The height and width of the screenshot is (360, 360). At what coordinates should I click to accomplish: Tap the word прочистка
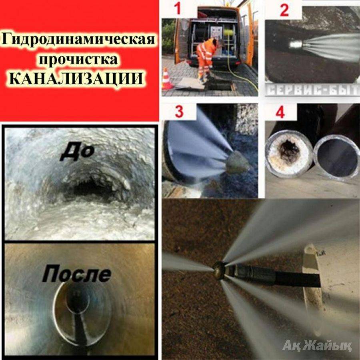pos(78,59)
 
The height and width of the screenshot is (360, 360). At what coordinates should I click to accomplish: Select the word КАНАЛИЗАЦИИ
pos(77,79)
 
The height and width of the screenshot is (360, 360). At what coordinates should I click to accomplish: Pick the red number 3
pos(179,112)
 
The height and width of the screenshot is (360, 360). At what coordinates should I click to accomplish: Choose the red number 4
pos(280,112)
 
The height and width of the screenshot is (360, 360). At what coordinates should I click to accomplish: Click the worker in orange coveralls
pos(206,58)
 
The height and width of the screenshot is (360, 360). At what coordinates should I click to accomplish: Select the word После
pos(77,274)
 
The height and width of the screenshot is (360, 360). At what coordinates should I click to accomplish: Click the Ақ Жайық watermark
pos(317,346)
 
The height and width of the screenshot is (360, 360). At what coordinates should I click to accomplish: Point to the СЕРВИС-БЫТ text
pos(313,90)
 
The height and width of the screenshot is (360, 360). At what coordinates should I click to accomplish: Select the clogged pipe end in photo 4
pos(289,153)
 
